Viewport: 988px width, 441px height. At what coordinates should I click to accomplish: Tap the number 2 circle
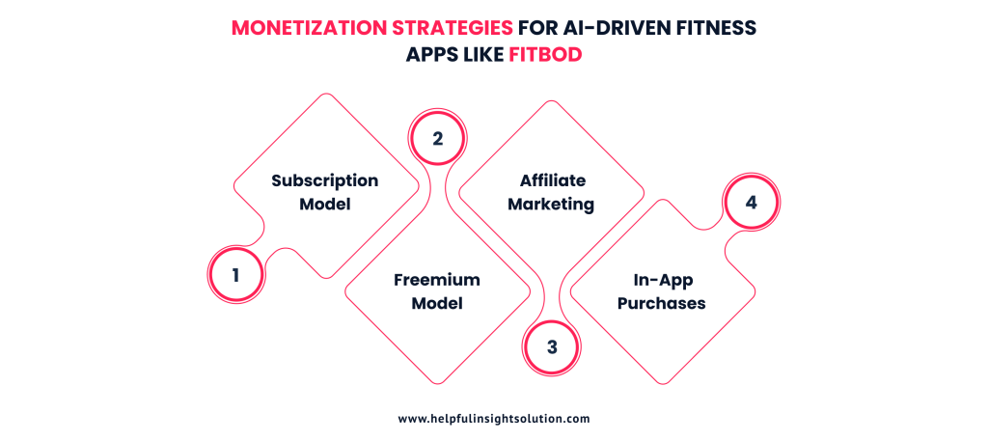[437, 138]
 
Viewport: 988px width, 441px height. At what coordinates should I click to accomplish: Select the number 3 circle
[551, 346]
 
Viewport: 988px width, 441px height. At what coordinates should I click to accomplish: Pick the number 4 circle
[752, 204]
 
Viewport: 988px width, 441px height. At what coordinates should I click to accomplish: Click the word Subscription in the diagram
[324, 180]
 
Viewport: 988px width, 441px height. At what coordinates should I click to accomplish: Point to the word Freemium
[436, 280]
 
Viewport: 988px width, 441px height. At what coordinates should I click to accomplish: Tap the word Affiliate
[552, 180]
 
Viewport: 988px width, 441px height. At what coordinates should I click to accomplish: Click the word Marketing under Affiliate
[551, 204]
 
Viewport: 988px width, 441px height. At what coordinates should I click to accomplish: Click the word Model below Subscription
[324, 204]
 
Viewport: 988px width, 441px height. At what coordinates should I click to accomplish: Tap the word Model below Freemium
[436, 303]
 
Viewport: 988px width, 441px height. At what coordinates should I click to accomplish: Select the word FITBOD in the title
[546, 55]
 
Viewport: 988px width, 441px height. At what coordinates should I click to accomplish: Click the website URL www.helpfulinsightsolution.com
[493, 419]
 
